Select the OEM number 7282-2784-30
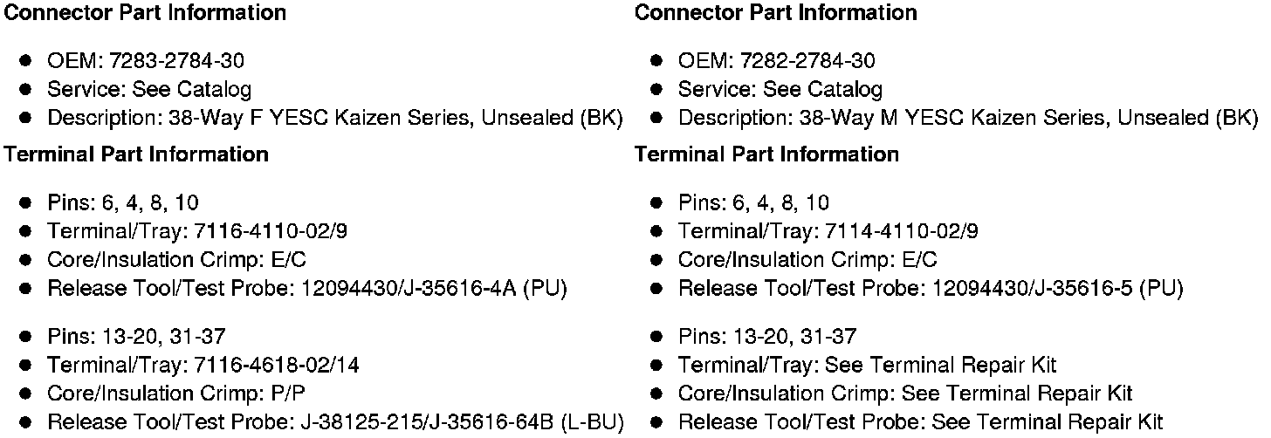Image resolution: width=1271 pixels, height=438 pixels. pos(807,61)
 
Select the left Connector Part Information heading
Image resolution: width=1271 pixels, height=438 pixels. pos(146,13)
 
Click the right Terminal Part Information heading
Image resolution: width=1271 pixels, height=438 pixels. pos(766,154)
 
